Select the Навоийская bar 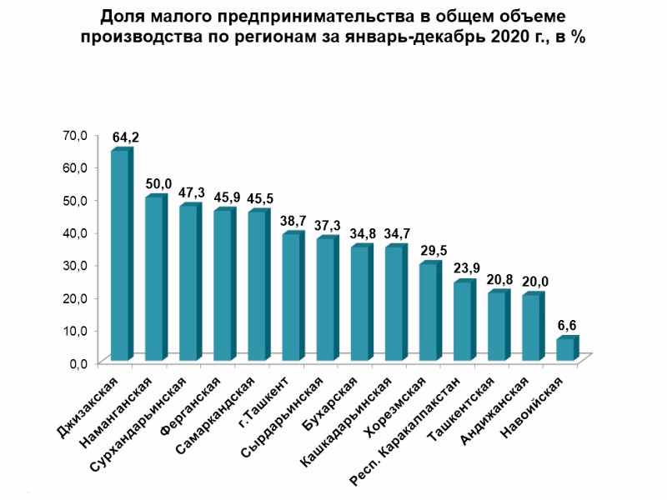tap(565, 349)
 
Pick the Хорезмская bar tap(429, 312)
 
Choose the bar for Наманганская tap(155, 278)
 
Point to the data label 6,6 tap(569, 326)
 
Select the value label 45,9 tap(227, 197)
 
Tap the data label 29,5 tap(432, 251)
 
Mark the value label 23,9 tap(466, 269)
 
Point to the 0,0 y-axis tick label tap(78, 362)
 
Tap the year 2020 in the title tap(509, 37)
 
